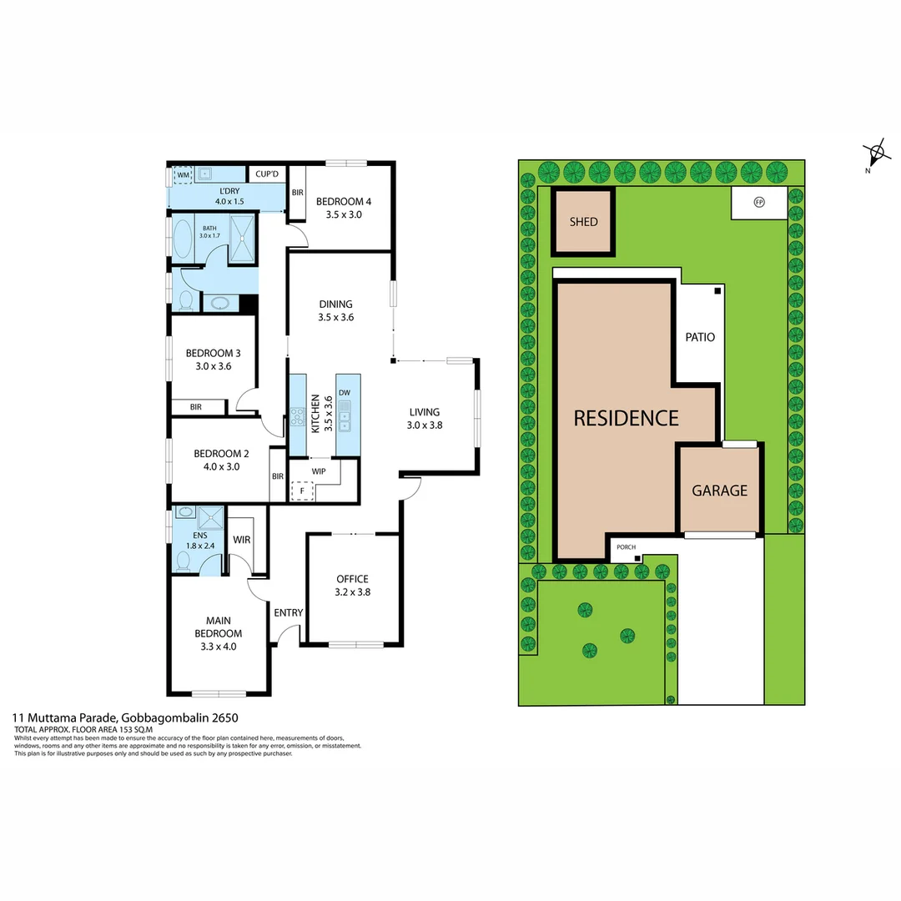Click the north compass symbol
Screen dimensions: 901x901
pyautogui.click(x=876, y=154)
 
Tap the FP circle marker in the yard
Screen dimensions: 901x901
pyautogui.click(x=758, y=202)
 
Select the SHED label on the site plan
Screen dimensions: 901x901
pyautogui.click(x=583, y=222)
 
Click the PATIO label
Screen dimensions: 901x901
pyautogui.click(x=700, y=337)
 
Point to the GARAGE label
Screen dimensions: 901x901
pyautogui.click(x=719, y=491)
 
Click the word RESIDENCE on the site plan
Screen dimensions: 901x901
pyautogui.click(x=626, y=418)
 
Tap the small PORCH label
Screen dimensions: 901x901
pyautogui.click(x=626, y=547)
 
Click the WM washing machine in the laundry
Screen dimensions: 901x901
pyautogui.click(x=183, y=175)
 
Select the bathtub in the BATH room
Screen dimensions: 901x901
pyautogui.click(x=182, y=236)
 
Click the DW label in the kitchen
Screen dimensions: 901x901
pyautogui.click(x=344, y=392)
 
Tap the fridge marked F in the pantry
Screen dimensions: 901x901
pyautogui.click(x=301, y=491)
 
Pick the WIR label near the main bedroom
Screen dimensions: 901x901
pyautogui.click(x=241, y=540)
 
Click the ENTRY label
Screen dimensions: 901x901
pyautogui.click(x=289, y=612)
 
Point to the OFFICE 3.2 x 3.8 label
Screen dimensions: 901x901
pyautogui.click(x=352, y=586)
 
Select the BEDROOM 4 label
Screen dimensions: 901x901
pyautogui.click(x=344, y=208)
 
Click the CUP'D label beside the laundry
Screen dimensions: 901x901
pyautogui.click(x=268, y=174)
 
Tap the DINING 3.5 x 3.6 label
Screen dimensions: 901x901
pyautogui.click(x=335, y=310)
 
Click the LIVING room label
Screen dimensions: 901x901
pyautogui.click(x=424, y=418)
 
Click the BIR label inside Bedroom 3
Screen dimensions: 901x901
pyautogui.click(x=195, y=407)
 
